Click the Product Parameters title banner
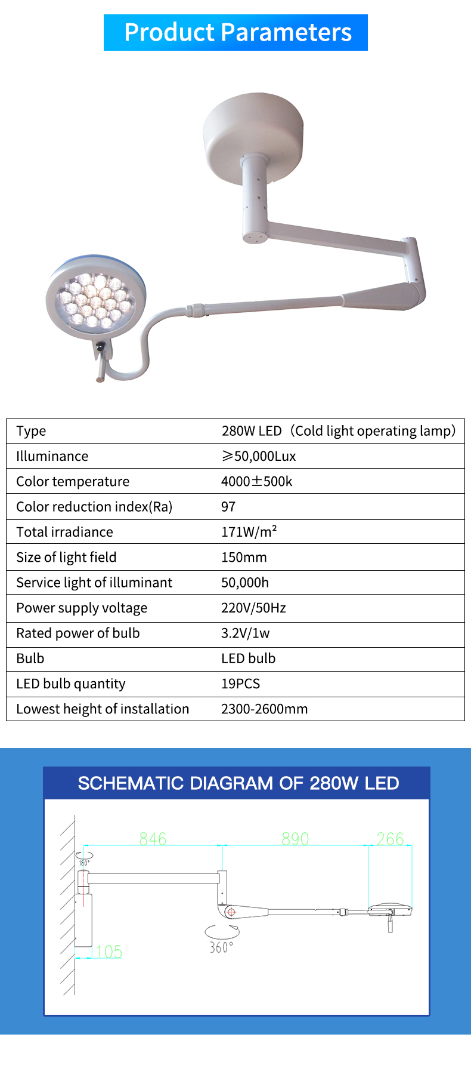(x=236, y=33)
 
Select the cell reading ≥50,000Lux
(x=259, y=456)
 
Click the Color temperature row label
(x=73, y=481)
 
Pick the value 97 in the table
(x=228, y=506)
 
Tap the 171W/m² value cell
(x=249, y=531)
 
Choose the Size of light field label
(x=66, y=557)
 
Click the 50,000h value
(x=244, y=582)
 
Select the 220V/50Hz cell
(x=253, y=608)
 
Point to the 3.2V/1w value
(x=245, y=633)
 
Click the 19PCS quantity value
(x=240, y=684)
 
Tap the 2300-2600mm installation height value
(x=264, y=709)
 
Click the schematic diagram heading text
(x=238, y=783)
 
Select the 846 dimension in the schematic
(x=153, y=839)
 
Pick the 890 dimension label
(x=295, y=839)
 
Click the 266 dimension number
(x=390, y=839)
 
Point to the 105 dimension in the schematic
(x=109, y=952)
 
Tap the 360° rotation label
(x=221, y=947)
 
